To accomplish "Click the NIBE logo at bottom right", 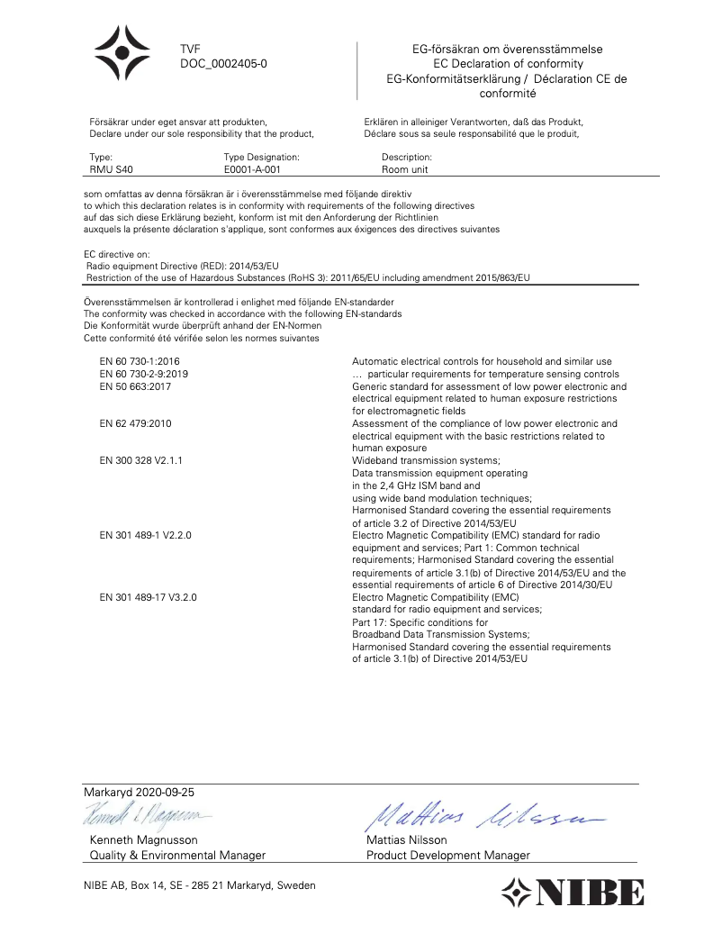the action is [x=573, y=893].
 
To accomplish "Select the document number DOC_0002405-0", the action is [x=223, y=64].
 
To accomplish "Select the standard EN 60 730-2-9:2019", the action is [x=145, y=373].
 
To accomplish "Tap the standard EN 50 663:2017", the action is [x=135, y=385].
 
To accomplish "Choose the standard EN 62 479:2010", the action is [x=135, y=423].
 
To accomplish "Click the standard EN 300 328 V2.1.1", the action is [x=141, y=460].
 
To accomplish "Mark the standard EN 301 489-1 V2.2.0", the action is [x=146, y=535].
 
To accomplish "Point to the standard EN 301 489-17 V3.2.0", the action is [x=149, y=597].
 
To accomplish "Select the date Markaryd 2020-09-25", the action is [x=138, y=792].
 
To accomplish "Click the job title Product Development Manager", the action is [x=448, y=855].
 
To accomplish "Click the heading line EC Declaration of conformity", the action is [x=508, y=64].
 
